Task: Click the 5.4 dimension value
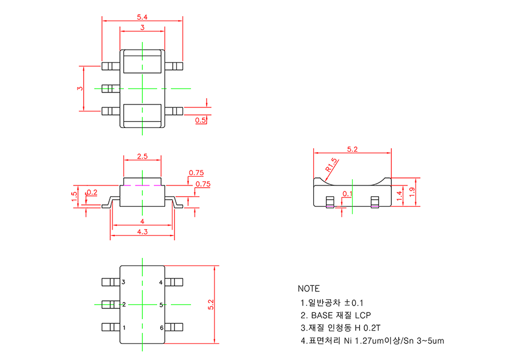click(141, 18)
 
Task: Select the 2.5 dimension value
click(142, 156)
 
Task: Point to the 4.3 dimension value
click(142, 231)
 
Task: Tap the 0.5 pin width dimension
click(201, 120)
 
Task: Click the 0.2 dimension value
click(92, 192)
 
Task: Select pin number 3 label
click(123, 282)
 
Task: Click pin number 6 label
click(161, 327)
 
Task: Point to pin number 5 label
click(161, 304)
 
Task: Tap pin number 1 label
click(123, 327)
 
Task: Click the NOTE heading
click(309, 288)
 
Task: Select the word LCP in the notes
click(363, 315)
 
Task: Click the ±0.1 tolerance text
click(353, 302)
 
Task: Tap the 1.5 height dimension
click(75, 195)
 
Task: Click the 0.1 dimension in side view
click(348, 194)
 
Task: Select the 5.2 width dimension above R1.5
click(352, 149)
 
